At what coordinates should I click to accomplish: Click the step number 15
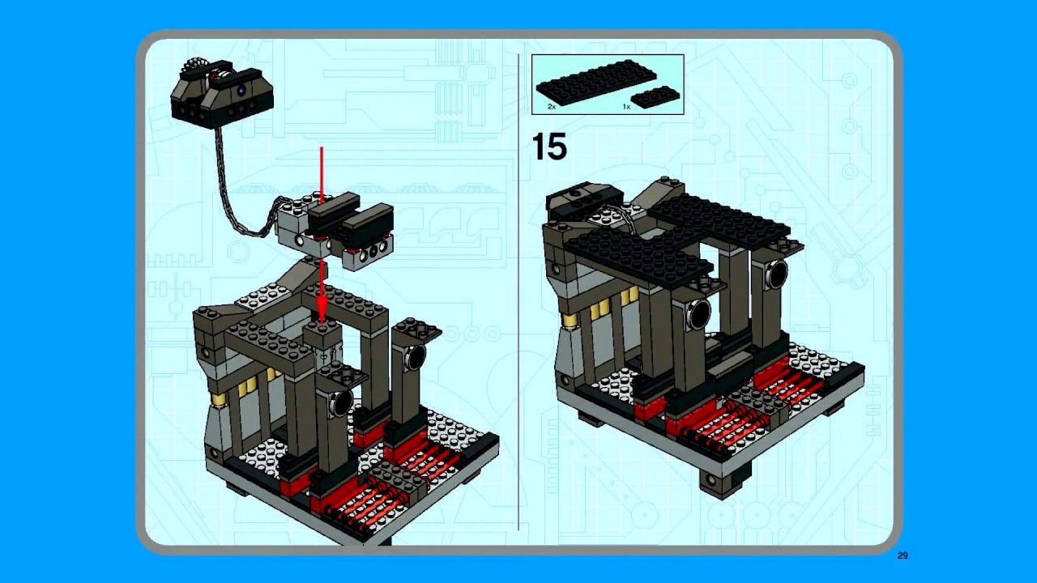(549, 147)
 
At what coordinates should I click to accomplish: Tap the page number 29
(903, 555)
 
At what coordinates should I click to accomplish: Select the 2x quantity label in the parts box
(552, 106)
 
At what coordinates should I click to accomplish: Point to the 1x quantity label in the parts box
(626, 106)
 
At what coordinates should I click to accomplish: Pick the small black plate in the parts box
(655, 96)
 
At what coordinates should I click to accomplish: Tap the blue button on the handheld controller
(241, 91)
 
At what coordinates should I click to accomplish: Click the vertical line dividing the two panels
(518, 291)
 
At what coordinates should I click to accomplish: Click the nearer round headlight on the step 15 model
(696, 314)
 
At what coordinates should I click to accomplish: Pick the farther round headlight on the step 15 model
(775, 274)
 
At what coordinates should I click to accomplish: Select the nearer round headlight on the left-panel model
(340, 402)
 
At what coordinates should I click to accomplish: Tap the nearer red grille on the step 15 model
(713, 428)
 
